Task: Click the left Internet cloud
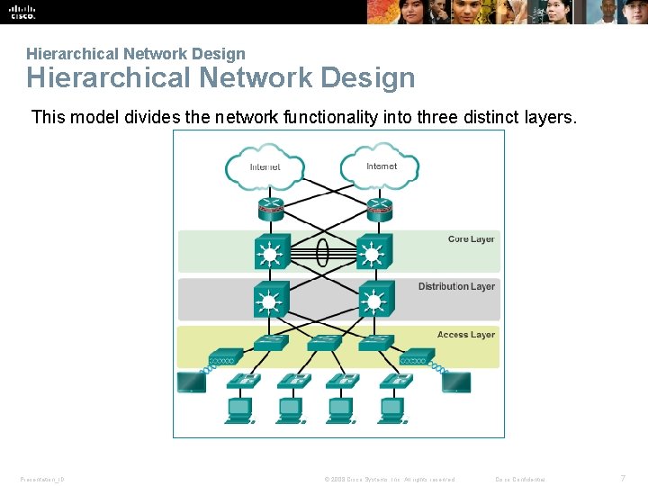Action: [265, 166]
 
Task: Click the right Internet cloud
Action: [382, 166]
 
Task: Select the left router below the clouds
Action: [271, 209]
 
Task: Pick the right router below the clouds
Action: [377, 209]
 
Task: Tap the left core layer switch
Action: [271, 252]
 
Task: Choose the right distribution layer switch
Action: [375, 298]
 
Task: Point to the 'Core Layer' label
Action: [471, 239]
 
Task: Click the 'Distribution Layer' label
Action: [456, 286]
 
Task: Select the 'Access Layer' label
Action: [465, 335]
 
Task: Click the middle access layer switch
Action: [325, 343]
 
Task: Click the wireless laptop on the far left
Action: [192, 382]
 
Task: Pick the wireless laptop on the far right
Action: [455, 382]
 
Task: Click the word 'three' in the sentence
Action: [442, 117]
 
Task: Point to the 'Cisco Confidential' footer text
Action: [519, 479]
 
